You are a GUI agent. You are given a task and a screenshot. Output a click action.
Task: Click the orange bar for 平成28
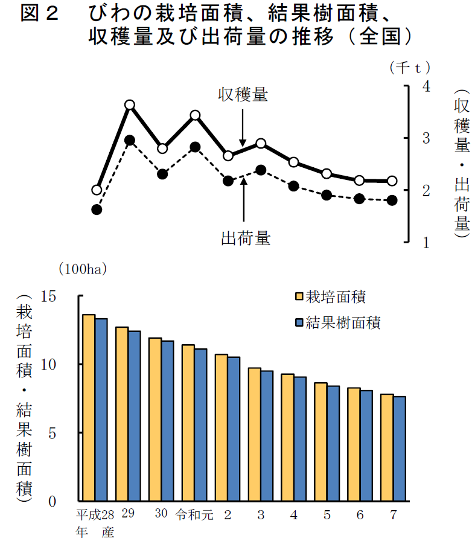[x=89, y=408]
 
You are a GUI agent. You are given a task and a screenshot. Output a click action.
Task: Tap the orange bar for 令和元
[x=188, y=423]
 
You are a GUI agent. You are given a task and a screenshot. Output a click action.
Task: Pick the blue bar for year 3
[x=266, y=436]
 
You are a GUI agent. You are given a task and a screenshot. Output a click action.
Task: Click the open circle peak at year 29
[x=129, y=105]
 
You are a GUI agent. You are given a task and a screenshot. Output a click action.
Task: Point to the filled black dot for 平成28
[x=97, y=210]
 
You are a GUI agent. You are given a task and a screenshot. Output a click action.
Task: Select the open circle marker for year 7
[x=392, y=181]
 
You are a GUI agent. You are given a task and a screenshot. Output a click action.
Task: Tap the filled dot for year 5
[x=327, y=195]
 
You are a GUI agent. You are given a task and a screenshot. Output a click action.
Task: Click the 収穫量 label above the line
[x=243, y=94]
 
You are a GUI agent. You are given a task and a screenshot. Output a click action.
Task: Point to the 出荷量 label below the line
[x=245, y=238]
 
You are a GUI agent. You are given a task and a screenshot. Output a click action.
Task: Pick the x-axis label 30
[x=161, y=514]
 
